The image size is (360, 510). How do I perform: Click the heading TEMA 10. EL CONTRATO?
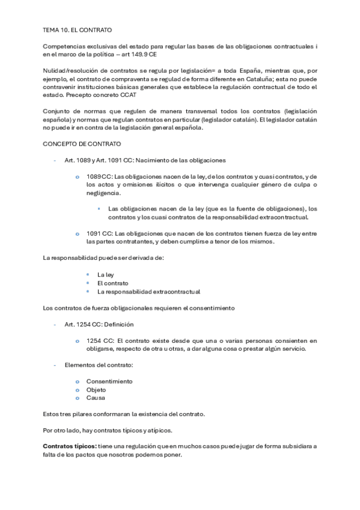point(78,29)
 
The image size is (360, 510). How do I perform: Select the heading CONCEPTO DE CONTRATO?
point(82,144)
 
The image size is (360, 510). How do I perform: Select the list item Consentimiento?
point(109,381)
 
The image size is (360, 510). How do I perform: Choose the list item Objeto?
point(96,390)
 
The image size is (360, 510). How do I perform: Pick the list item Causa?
point(96,398)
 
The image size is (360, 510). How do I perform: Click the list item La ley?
point(105,274)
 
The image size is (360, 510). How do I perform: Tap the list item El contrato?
point(112,283)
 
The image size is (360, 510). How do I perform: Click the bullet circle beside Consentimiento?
point(77,382)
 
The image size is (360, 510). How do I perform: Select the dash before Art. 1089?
point(55,161)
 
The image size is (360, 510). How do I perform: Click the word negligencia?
point(103,193)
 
